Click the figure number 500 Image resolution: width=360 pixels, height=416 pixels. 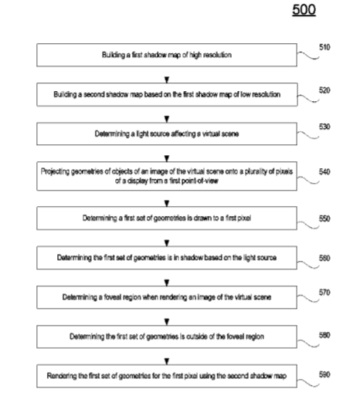click(x=304, y=10)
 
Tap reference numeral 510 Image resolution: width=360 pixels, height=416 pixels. click(x=324, y=47)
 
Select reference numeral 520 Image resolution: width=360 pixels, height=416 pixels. click(x=324, y=90)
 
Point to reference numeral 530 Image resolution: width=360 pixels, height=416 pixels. click(x=324, y=127)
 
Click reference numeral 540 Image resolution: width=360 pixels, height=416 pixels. click(x=324, y=172)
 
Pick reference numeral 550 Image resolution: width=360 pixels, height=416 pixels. click(x=324, y=218)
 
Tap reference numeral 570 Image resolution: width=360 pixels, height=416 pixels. click(x=324, y=293)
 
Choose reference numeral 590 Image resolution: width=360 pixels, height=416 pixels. click(x=324, y=374)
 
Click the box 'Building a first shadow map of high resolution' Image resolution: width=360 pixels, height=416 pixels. click(x=167, y=55)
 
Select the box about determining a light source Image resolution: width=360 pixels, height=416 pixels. click(x=167, y=134)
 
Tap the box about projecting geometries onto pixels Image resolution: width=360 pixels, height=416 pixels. click(x=167, y=176)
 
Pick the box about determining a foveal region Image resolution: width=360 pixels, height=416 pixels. click(x=167, y=297)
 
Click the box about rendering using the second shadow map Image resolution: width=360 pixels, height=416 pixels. click(x=167, y=376)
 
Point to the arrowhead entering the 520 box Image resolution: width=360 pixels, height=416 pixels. click(x=167, y=79)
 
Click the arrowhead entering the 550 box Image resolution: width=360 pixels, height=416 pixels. click(x=167, y=204)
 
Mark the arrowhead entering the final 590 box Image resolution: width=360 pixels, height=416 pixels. click(x=167, y=362)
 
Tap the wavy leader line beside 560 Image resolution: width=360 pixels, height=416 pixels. click(x=308, y=265)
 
